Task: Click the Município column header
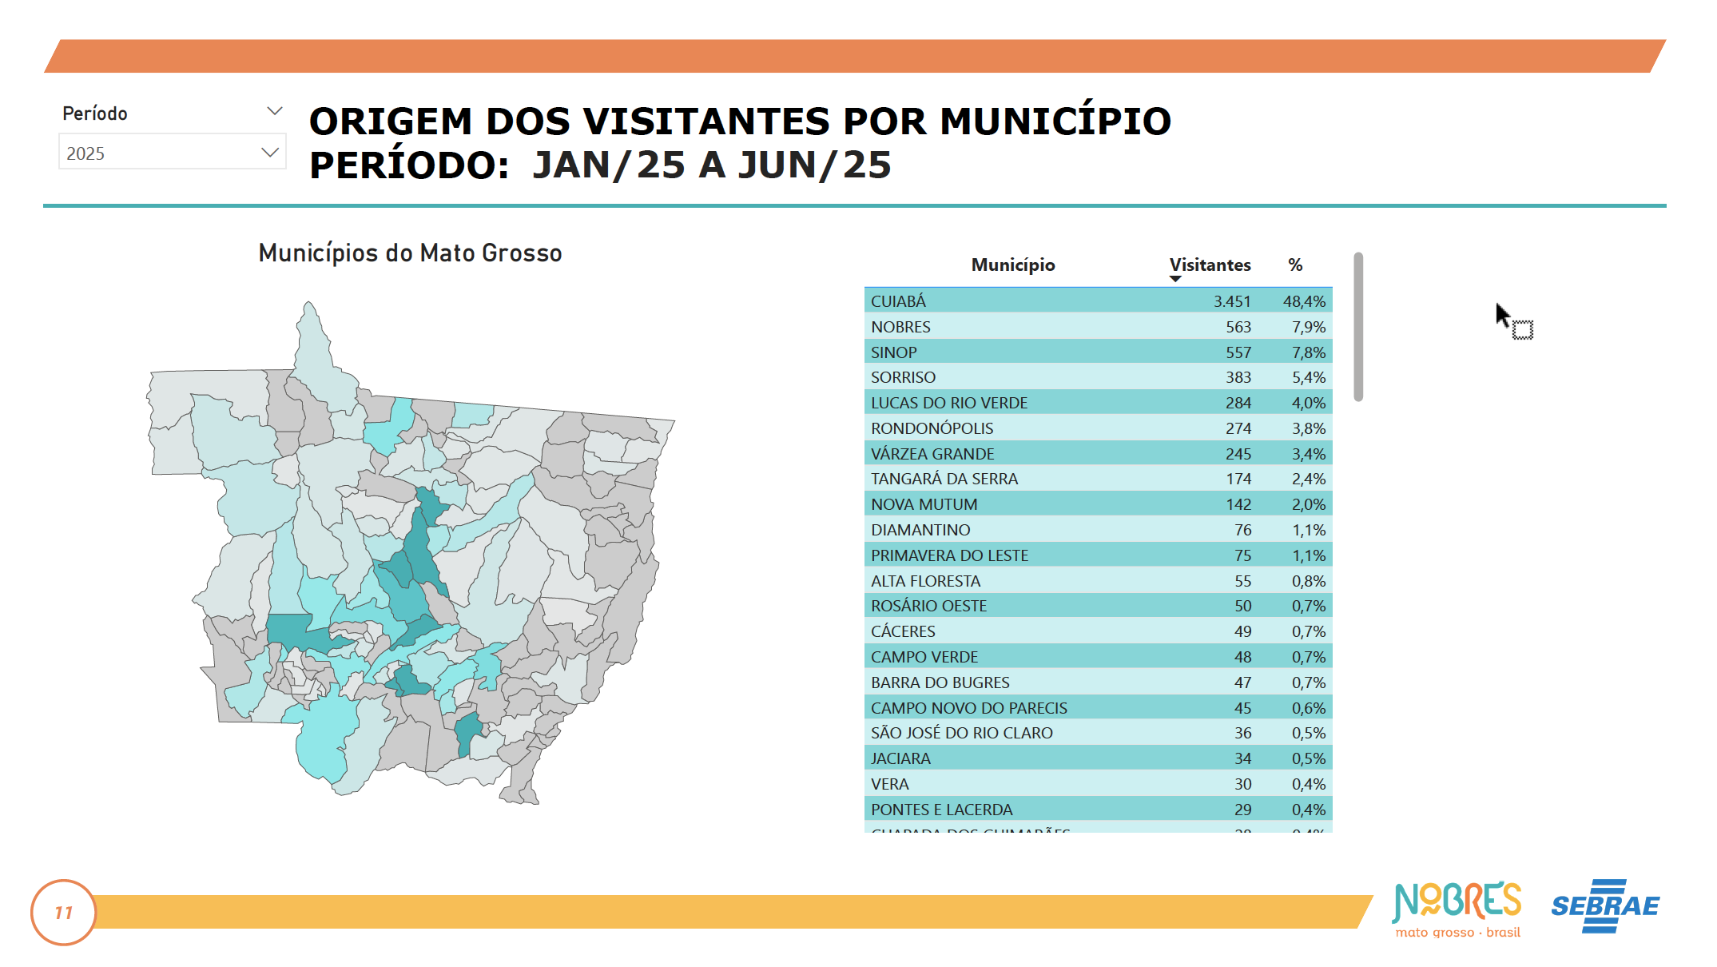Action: (1012, 265)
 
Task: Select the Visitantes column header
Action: (1210, 265)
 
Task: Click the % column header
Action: (1295, 265)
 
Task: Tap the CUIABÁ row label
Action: (898, 301)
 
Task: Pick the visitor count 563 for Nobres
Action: (1238, 327)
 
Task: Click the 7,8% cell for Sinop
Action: (1308, 352)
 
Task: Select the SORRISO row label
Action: (903, 377)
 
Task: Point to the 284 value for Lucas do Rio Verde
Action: (1238, 403)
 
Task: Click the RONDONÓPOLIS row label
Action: (932, 428)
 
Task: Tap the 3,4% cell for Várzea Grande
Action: (1308, 454)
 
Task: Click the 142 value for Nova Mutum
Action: (1238, 504)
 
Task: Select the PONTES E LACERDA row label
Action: (941, 810)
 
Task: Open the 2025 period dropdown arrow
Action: (270, 153)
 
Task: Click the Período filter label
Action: (95, 113)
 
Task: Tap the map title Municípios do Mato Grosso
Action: (410, 253)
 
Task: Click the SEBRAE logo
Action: (1604, 906)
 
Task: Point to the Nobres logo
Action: (1457, 908)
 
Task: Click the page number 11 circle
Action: (64, 913)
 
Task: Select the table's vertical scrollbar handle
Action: (1358, 327)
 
